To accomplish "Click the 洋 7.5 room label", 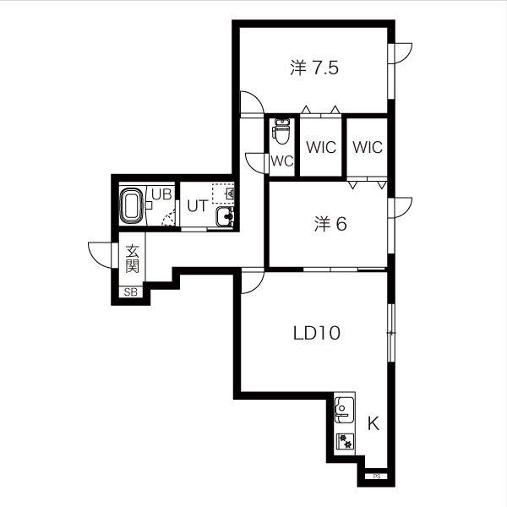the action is (x=314, y=68).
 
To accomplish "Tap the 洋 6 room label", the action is (x=330, y=224).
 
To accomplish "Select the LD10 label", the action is (x=317, y=333).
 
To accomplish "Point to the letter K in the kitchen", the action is (x=373, y=423).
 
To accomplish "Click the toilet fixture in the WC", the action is (x=282, y=131).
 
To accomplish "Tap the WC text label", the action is (x=282, y=161).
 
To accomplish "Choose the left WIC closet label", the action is (x=321, y=147).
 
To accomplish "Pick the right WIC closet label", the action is (x=368, y=147).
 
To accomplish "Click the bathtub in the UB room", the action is (x=132, y=205).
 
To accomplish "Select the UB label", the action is (x=161, y=194).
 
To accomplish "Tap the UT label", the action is (x=197, y=206).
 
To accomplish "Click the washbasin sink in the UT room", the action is (x=225, y=216).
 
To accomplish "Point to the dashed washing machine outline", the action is (x=223, y=194).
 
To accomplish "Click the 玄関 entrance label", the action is (x=133, y=259).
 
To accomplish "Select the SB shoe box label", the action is (x=131, y=292).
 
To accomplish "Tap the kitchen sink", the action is (x=344, y=409).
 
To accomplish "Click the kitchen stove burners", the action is (x=345, y=441).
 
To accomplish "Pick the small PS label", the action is (x=376, y=477).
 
